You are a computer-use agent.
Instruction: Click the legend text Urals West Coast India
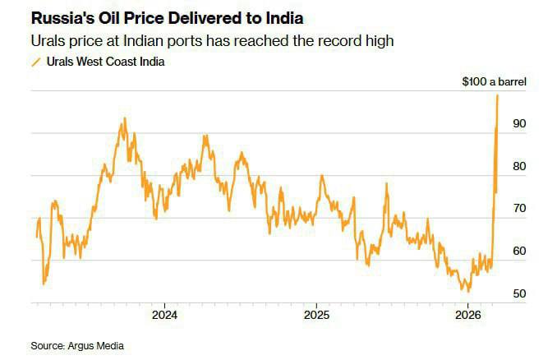[104, 62]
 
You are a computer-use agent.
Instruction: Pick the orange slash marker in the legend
[35, 62]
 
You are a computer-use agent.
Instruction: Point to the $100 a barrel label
[493, 82]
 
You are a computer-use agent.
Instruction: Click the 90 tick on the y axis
[519, 123]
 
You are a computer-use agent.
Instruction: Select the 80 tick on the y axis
[519, 166]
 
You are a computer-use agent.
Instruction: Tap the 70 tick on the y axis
[519, 209]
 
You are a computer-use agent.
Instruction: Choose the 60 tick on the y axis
[519, 252]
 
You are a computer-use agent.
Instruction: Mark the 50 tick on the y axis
[519, 293]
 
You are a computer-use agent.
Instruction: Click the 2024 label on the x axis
[164, 315]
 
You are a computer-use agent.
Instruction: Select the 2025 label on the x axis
[316, 315]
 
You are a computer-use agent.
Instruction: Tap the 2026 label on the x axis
[467, 315]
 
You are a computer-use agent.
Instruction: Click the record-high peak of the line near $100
[498, 95]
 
